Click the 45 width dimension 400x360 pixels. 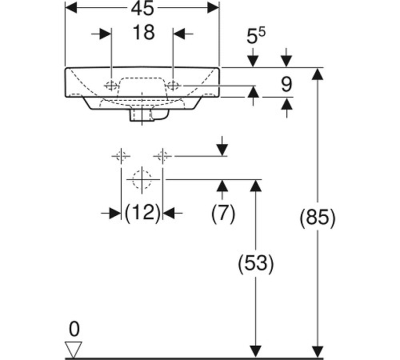(142, 8)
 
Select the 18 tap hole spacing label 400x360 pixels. (144, 33)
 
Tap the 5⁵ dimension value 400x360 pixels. (256, 36)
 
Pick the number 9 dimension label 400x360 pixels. (286, 85)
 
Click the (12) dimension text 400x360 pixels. (142, 213)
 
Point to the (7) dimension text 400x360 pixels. (223, 214)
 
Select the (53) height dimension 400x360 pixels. (256, 263)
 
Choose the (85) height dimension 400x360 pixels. (318, 218)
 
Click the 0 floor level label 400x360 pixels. (74, 329)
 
